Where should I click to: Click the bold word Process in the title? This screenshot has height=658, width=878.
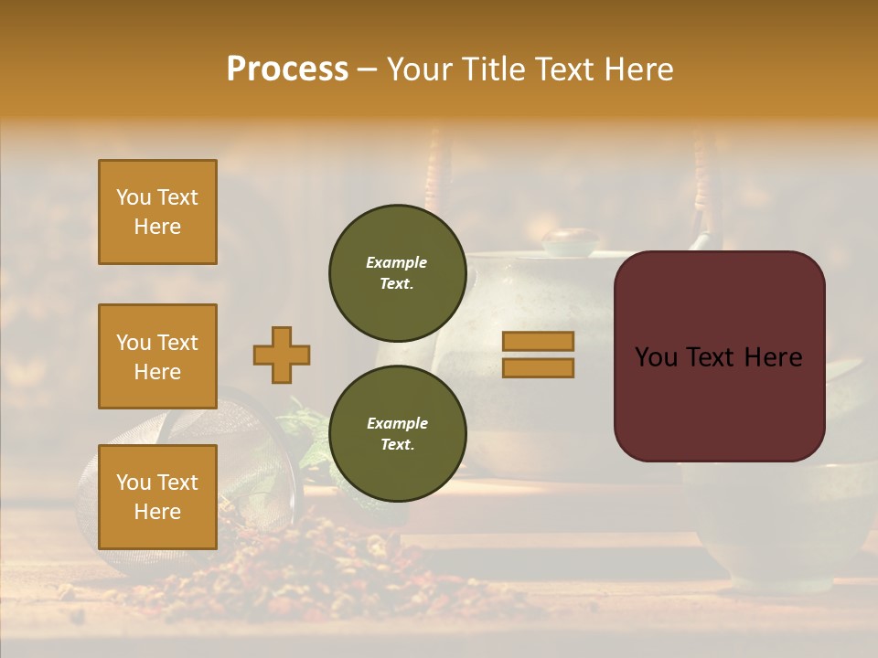coord(287,69)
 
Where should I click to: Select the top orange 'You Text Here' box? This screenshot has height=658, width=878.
coord(157,212)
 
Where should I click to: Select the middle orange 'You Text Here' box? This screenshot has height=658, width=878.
coord(157,356)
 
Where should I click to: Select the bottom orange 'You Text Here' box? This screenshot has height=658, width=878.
coord(157,497)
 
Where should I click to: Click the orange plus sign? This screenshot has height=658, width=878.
coord(281,355)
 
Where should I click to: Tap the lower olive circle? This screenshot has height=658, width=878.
coord(397,433)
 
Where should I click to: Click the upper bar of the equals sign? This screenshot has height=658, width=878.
coord(538,342)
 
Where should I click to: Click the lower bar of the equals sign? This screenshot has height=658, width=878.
coord(538,367)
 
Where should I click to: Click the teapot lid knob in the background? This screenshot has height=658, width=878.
coord(570,240)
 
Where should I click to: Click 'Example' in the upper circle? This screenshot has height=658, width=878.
coord(396,262)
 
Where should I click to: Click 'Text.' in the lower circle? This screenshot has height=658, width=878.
coord(396,444)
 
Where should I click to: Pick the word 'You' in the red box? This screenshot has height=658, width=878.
coord(656,357)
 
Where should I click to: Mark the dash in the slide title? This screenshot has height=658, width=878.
coord(367,70)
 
